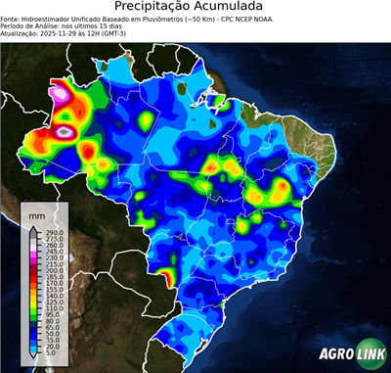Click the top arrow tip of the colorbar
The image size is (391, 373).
[33, 225]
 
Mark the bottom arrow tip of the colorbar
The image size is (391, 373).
[33, 359]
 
